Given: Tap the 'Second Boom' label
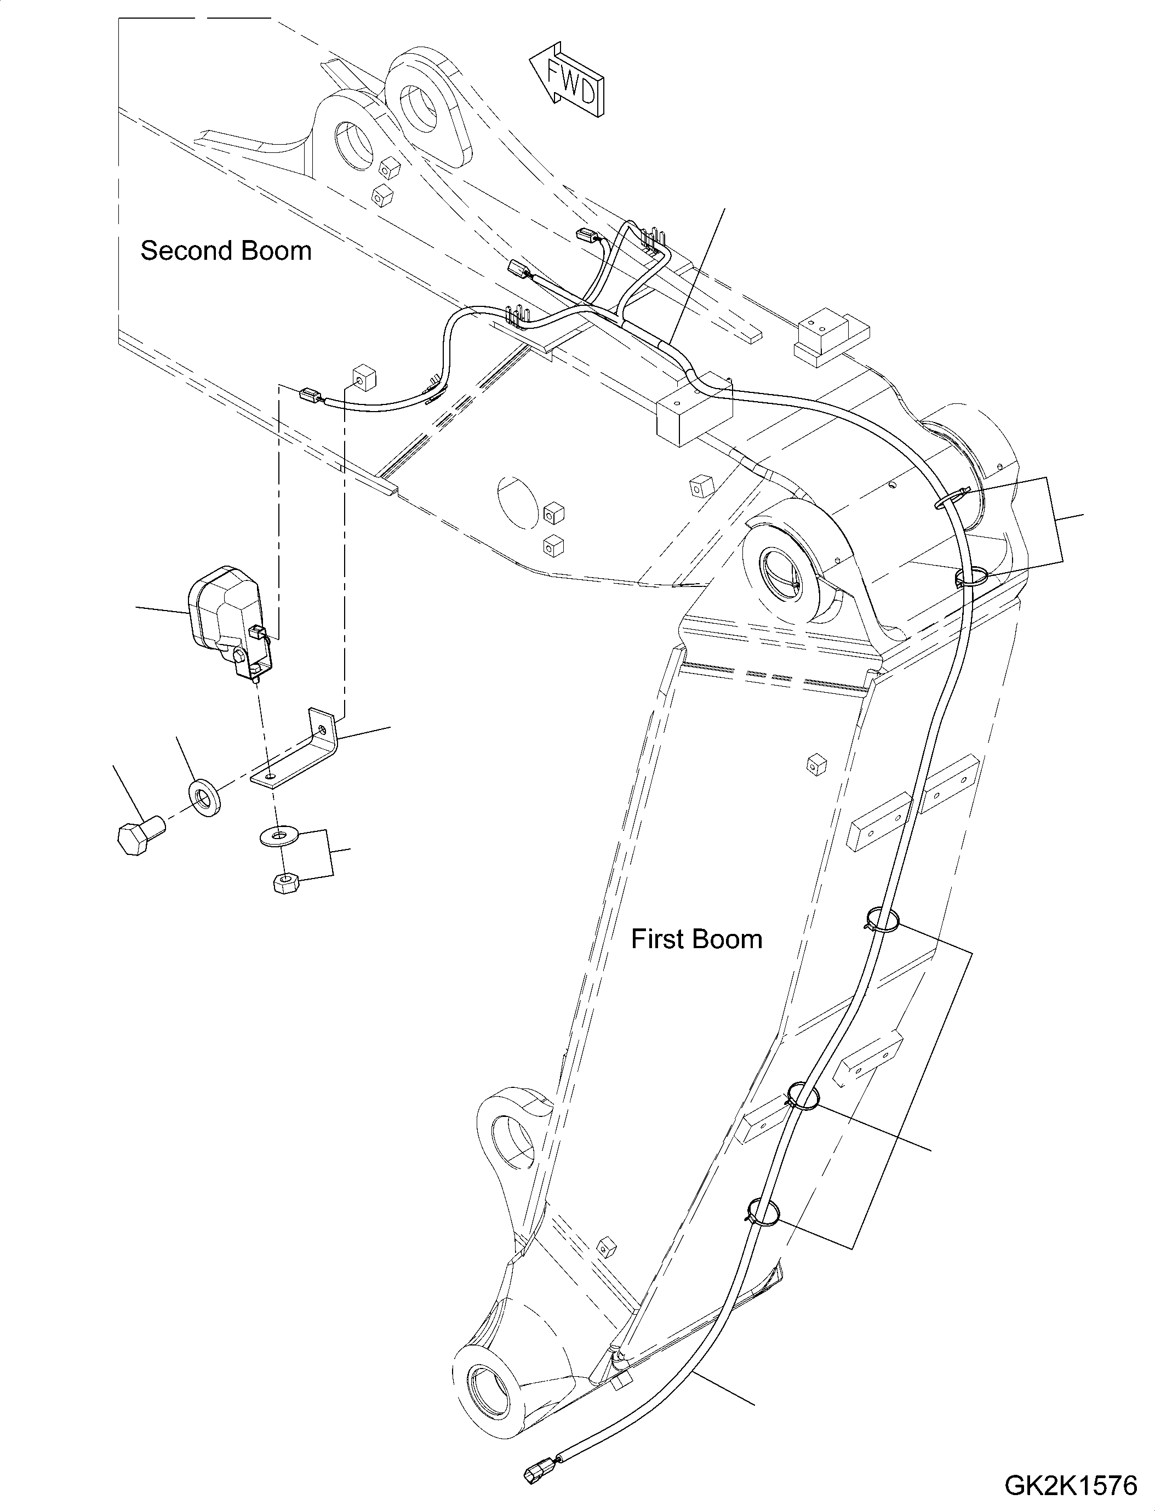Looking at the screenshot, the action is [x=226, y=251].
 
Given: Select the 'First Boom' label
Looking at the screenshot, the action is [x=696, y=939].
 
